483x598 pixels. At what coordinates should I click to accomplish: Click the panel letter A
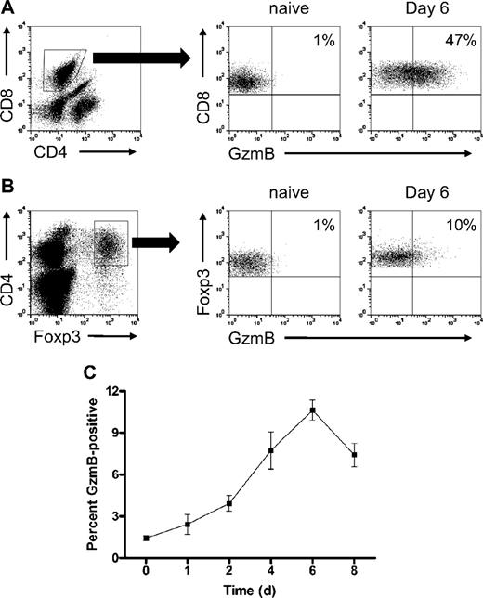(x=7, y=8)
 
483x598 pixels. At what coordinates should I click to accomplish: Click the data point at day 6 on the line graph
(x=313, y=410)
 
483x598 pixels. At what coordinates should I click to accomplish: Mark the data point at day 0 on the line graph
(x=146, y=538)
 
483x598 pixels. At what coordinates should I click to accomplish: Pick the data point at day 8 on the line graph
(x=354, y=455)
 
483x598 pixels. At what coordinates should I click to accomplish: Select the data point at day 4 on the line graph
(x=271, y=450)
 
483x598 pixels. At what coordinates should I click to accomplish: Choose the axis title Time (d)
(x=250, y=587)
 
